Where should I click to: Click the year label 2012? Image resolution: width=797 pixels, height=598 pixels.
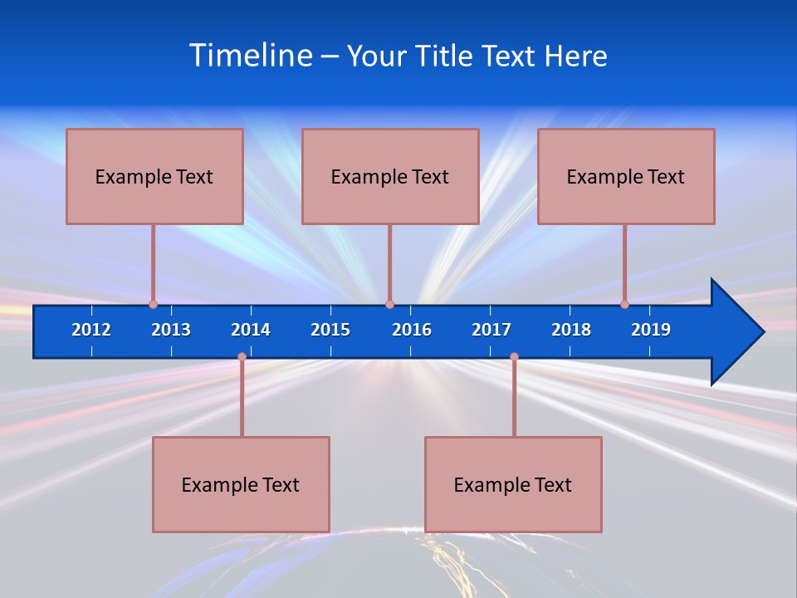click(x=91, y=330)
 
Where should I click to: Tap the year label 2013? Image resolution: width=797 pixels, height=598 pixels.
click(x=171, y=330)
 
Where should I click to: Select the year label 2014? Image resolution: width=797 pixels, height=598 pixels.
click(x=251, y=330)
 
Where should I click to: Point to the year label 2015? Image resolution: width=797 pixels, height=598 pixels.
click(x=330, y=330)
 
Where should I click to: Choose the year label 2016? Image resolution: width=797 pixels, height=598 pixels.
click(x=412, y=330)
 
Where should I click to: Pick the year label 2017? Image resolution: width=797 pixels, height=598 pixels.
click(x=491, y=330)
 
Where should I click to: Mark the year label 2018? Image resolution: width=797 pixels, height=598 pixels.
click(x=571, y=330)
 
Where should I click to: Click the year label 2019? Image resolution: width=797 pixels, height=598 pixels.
click(x=651, y=330)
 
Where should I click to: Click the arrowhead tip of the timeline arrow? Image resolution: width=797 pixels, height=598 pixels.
click(x=761, y=332)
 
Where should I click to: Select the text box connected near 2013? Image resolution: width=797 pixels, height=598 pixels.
click(x=154, y=176)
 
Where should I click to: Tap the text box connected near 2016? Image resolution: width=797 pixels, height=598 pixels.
click(x=390, y=176)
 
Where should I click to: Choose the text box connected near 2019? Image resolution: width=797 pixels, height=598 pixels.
click(x=626, y=176)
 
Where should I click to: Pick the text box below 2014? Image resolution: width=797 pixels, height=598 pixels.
click(x=241, y=484)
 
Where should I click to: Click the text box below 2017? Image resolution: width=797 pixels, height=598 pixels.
click(x=513, y=484)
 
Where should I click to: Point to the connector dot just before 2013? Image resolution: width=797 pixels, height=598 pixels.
click(x=153, y=305)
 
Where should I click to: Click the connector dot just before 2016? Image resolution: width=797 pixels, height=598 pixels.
click(x=389, y=305)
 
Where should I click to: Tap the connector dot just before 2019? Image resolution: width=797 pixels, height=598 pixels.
click(x=624, y=305)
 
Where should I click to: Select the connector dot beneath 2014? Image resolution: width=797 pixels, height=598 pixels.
click(x=242, y=357)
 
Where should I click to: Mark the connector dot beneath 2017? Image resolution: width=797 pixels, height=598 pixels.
click(x=514, y=357)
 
